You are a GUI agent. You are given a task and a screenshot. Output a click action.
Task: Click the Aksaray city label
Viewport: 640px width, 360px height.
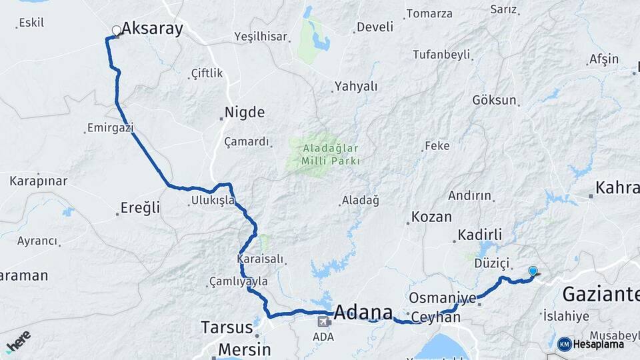[x=152, y=29]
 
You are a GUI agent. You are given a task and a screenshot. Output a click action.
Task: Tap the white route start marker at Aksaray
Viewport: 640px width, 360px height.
[x=117, y=31]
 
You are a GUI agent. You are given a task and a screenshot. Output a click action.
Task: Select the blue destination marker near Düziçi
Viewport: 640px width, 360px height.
[x=533, y=271]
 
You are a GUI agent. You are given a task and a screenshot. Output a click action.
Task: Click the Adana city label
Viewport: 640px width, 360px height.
[x=363, y=312]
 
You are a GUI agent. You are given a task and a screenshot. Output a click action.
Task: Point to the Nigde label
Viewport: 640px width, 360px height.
[x=245, y=112]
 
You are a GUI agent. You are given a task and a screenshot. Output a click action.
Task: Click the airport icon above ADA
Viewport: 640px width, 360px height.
[x=323, y=322]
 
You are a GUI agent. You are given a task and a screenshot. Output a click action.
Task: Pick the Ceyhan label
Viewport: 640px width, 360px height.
[x=436, y=317]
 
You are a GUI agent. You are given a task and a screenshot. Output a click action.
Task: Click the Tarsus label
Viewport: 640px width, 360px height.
[x=227, y=328]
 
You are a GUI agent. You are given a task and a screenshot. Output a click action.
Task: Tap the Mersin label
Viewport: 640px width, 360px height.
[x=245, y=349]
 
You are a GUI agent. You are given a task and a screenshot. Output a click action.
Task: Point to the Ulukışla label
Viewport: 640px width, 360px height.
[x=213, y=200]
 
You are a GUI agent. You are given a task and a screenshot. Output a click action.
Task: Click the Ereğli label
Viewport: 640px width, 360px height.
[x=140, y=208]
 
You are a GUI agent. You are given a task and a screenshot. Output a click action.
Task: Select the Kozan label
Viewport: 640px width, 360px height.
[x=431, y=217]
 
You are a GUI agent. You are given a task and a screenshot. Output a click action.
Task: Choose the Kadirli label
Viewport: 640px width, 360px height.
[x=479, y=235]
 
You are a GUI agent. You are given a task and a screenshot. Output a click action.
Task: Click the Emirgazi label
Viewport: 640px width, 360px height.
[x=111, y=127]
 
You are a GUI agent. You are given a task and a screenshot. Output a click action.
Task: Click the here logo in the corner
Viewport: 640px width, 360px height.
[x=18, y=341]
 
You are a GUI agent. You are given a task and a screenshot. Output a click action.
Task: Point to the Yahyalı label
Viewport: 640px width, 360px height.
[x=356, y=86]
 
